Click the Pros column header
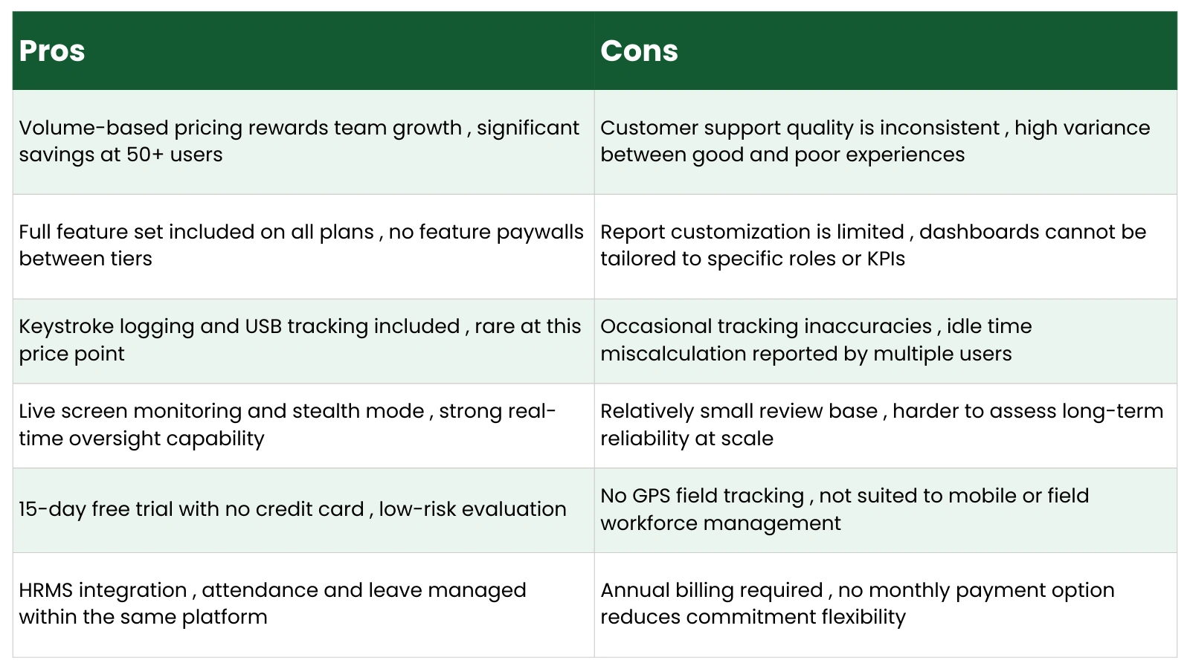(52, 51)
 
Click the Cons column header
(639, 51)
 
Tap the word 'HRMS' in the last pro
(45, 590)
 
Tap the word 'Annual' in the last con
(634, 590)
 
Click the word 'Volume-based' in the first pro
(94, 128)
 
